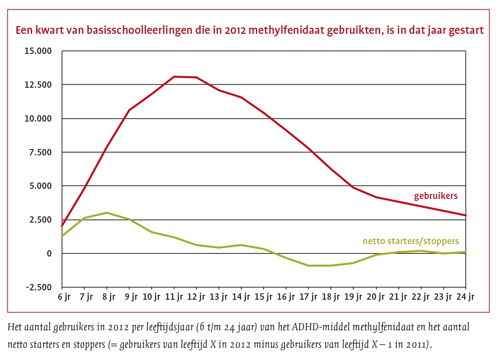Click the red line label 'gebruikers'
[435, 196]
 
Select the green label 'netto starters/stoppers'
[411, 241]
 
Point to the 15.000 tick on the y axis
[38, 51]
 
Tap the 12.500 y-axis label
[38, 85]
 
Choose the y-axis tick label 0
[49, 254]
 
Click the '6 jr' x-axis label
[64, 297]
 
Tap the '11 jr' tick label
[174, 297]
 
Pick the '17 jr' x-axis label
[308, 297]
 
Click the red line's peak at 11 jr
[174, 77]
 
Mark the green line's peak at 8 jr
[106, 213]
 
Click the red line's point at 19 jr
[353, 188]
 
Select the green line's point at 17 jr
[308, 266]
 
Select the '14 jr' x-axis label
[241, 297]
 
